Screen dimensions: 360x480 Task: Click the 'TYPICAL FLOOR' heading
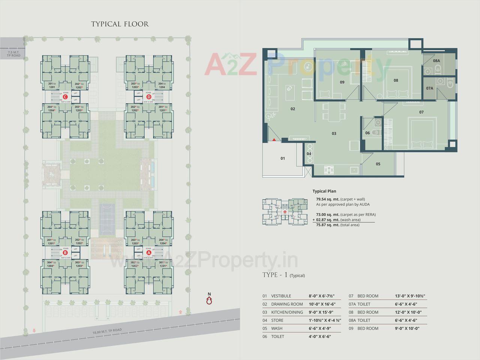[120, 24]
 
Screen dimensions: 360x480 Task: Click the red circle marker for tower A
[149, 252]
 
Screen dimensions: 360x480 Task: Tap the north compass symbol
[210, 300]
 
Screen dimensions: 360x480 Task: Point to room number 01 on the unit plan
[283, 158]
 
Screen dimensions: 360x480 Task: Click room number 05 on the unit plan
[378, 164]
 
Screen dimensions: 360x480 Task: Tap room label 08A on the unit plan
[436, 61]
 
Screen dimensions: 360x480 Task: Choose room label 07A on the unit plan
[430, 88]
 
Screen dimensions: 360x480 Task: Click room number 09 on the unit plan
[342, 82]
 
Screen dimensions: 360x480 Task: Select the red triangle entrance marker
[274, 139]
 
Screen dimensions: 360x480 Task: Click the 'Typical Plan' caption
[324, 191]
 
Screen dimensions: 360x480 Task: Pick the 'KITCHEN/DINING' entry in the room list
[287, 312]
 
